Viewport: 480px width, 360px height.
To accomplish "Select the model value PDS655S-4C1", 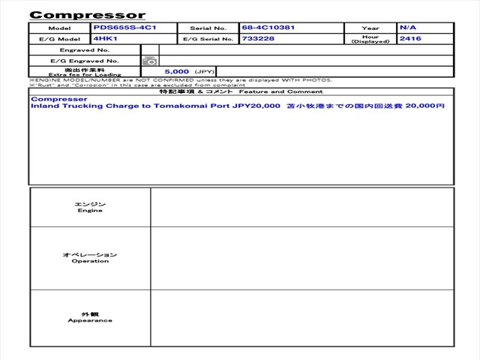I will coord(124,28).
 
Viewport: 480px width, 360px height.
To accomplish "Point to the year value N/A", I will coord(408,28).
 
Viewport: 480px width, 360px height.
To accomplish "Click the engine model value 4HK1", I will coord(106,38).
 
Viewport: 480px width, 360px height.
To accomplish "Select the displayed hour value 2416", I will coord(410,38).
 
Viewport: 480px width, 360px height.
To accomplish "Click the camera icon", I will coord(150,60).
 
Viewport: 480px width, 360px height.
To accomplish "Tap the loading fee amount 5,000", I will coord(177,71).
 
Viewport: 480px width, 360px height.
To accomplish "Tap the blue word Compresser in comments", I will coord(59,99).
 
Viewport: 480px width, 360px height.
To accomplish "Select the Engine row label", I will coord(90,207).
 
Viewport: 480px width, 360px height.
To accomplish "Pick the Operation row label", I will coord(90,258).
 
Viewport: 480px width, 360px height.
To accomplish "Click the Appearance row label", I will coord(90,316).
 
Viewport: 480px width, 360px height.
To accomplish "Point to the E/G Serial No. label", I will coord(209,39).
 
